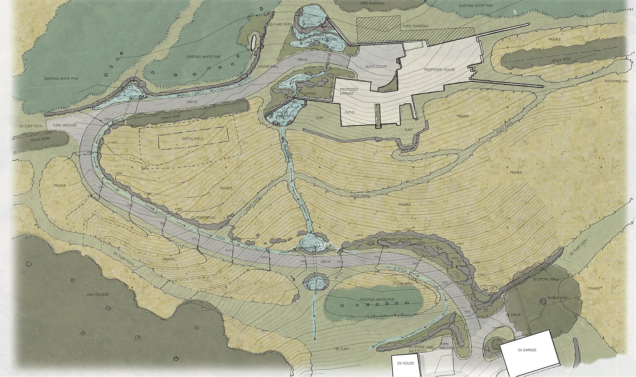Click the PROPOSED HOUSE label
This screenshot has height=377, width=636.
(439, 70)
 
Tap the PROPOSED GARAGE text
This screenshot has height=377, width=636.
(349, 91)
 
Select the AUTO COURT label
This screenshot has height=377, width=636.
(376, 67)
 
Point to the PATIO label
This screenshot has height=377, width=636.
(350, 113)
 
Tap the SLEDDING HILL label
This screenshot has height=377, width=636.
(617, 81)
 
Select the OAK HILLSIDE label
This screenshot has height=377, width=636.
(98, 295)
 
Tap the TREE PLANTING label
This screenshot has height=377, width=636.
(372, 3)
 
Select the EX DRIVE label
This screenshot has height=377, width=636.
(513, 315)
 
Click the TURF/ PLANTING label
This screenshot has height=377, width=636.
(415, 26)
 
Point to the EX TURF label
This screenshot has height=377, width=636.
(342, 349)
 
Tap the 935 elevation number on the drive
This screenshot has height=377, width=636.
(468, 311)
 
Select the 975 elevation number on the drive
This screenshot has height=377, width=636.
(194, 239)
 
